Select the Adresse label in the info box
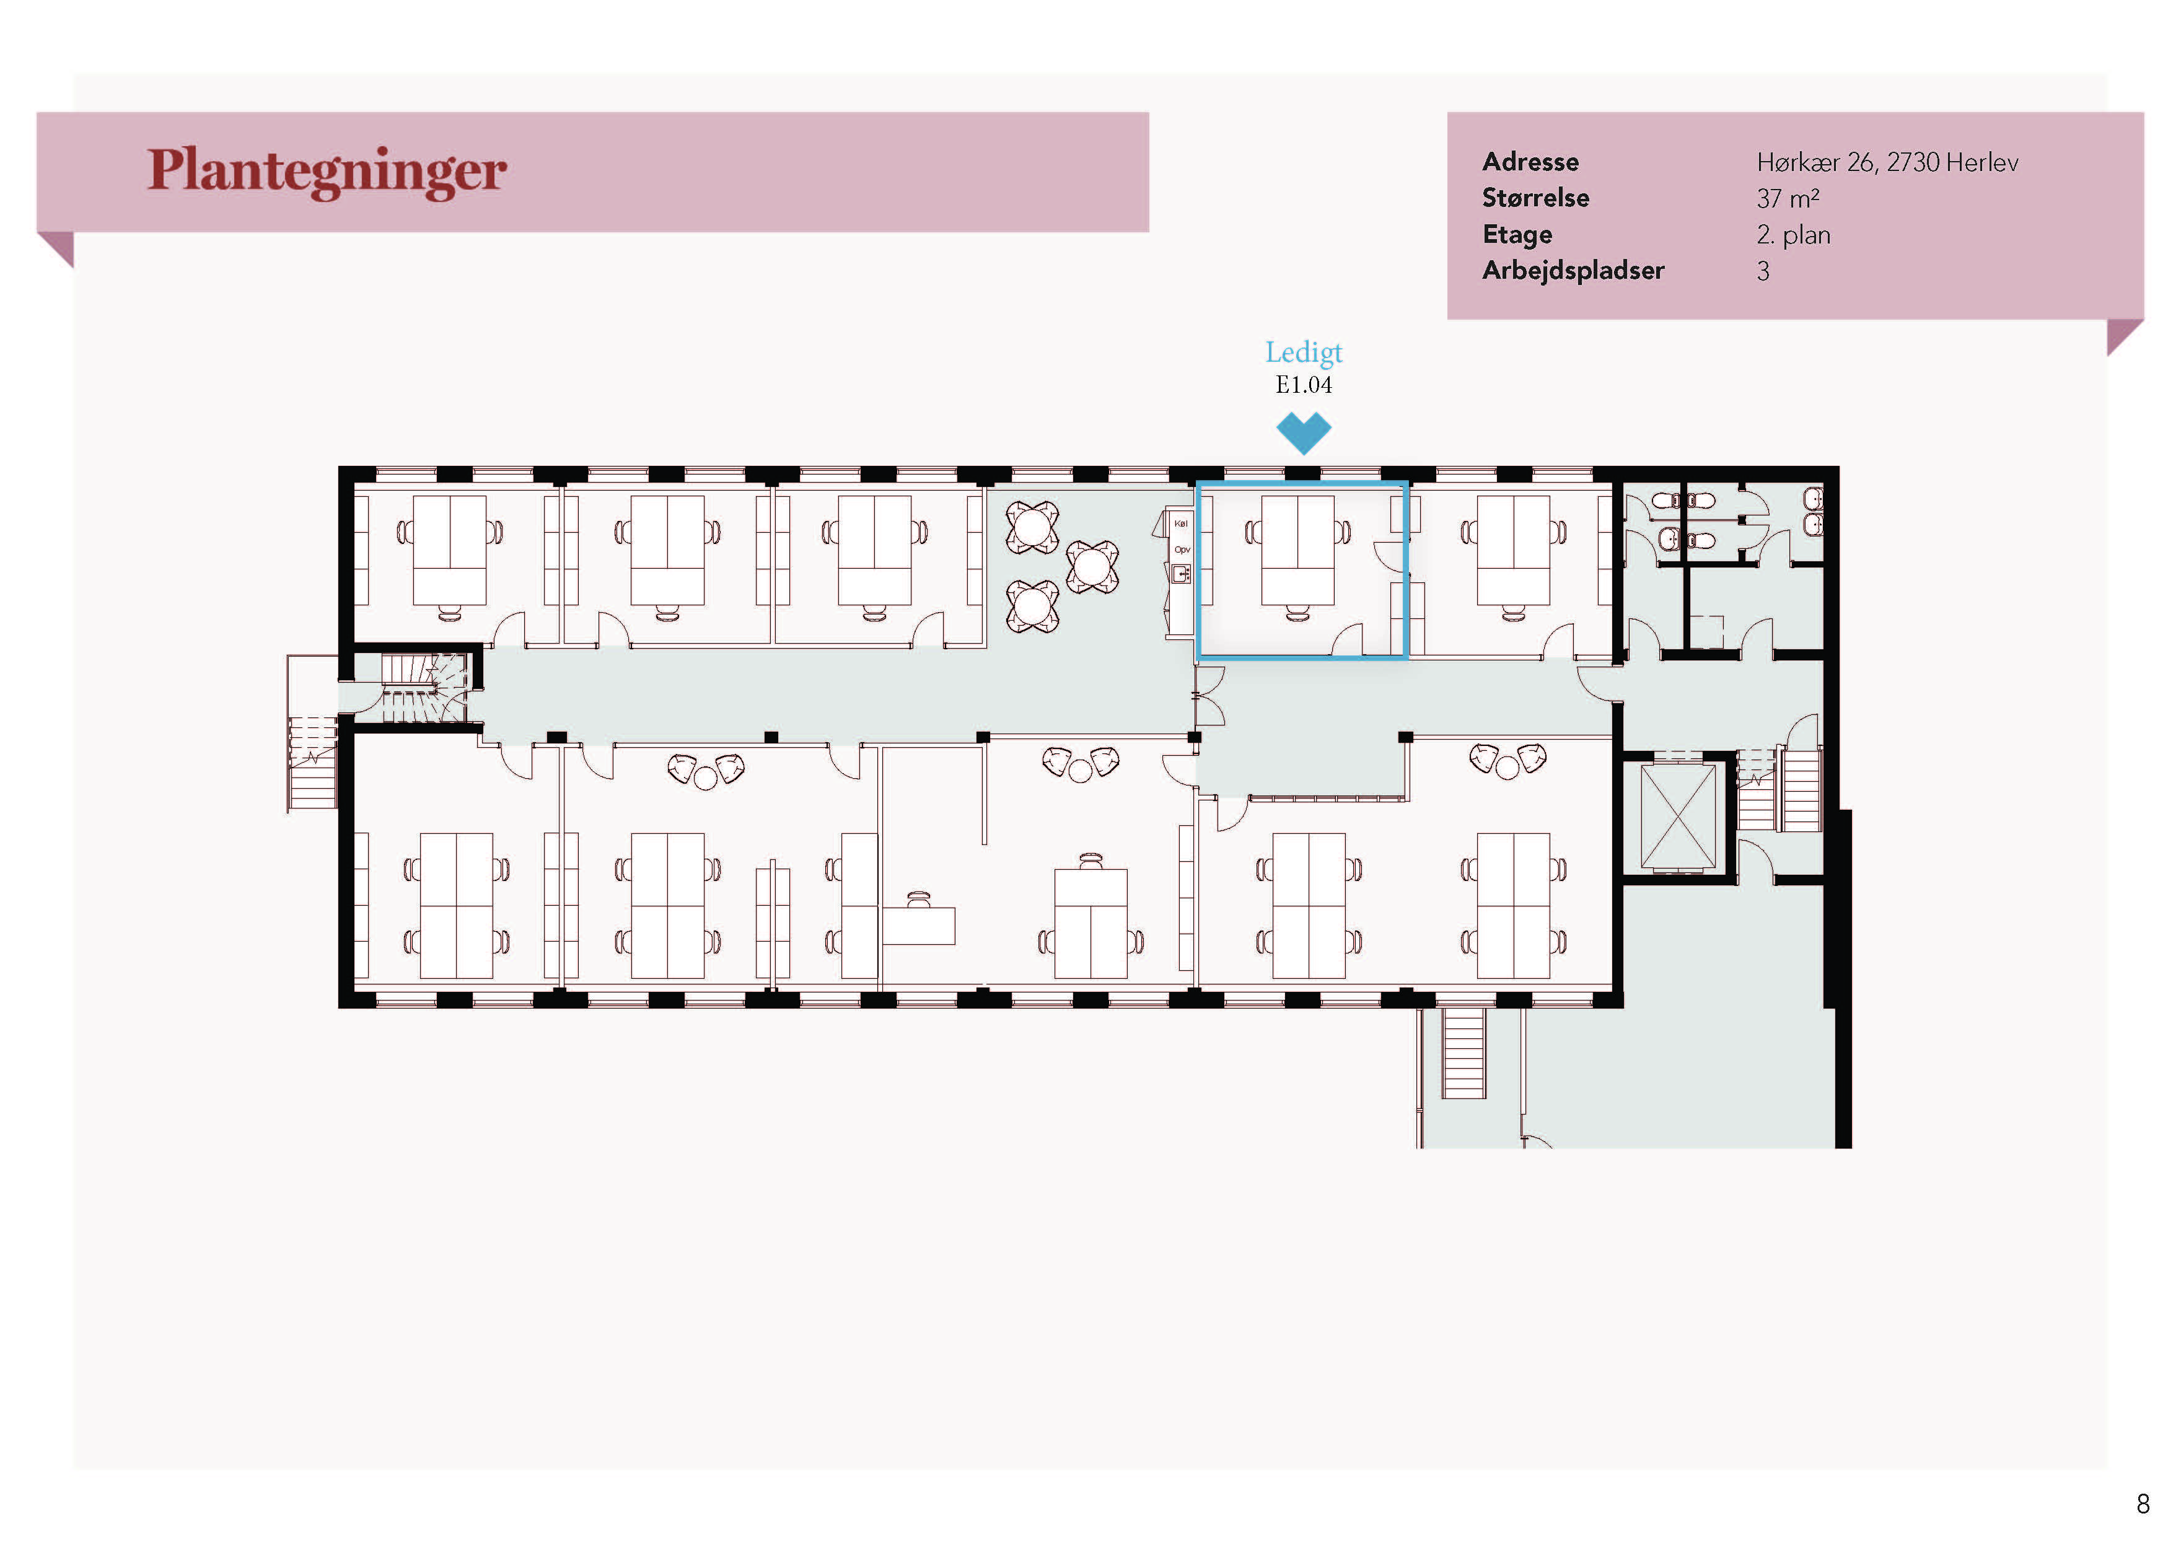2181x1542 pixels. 1530,162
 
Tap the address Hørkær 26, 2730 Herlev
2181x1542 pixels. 1887,162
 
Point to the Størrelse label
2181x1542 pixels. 1535,198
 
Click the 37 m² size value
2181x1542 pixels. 1788,198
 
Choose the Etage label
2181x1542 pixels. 1517,235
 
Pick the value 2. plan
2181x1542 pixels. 1793,235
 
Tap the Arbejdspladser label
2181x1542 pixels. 1573,271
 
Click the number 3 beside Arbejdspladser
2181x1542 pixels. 1763,271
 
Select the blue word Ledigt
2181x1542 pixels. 1303,353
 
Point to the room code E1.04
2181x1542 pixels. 1303,385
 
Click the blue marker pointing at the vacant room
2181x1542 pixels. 1303,433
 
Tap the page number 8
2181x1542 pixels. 2143,1504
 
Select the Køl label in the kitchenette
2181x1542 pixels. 1181,523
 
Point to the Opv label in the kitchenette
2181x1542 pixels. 1182,550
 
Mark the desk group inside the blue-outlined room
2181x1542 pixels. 1297,558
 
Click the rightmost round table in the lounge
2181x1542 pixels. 1092,567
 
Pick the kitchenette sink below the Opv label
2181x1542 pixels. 1181,574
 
